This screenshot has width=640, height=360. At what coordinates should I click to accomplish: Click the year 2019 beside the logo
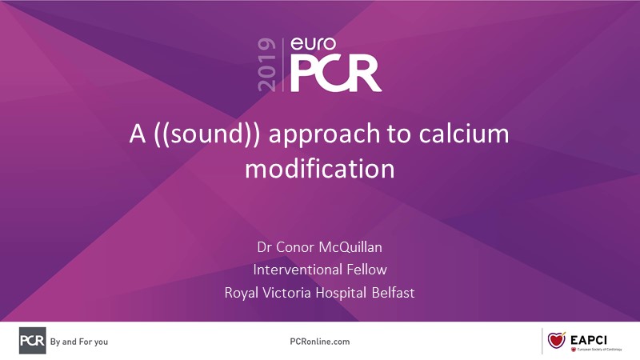266,65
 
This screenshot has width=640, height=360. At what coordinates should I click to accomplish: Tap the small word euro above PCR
314,44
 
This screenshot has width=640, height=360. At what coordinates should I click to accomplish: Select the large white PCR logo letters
335,74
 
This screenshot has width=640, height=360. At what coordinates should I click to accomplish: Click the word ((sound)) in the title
207,134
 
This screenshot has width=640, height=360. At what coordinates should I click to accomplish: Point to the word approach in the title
325,135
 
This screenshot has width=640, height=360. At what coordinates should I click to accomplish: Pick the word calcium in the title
464,134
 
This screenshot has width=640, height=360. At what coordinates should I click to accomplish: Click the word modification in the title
320,168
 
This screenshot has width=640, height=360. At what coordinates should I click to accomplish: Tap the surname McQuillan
350,247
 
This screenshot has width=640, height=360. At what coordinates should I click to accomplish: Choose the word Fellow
366,270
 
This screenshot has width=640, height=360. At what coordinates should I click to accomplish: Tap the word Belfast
393,292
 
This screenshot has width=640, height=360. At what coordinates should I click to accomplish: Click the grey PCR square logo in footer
32,341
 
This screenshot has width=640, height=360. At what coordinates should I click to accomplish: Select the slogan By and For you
79,342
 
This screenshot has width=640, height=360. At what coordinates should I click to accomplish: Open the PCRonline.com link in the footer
319,342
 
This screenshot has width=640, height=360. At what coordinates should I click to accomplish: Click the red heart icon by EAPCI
556,339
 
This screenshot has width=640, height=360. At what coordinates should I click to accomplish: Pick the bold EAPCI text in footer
589,340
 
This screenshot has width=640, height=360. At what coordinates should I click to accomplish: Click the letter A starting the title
138,134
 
